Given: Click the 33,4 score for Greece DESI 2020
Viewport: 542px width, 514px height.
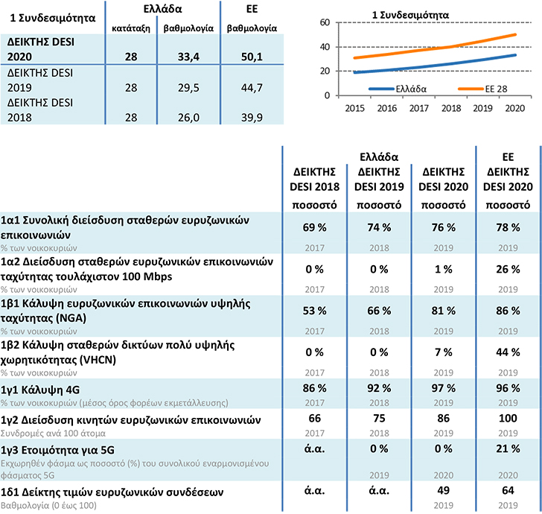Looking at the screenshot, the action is tap(188, 57).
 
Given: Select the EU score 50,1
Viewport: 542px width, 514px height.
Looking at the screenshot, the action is tap(252, 57).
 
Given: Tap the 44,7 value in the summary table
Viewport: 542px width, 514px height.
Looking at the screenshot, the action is tap(252, 88).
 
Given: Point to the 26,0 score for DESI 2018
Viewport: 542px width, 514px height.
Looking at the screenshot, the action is tap(188, 118).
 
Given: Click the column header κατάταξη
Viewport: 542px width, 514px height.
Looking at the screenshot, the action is tap(131, 28).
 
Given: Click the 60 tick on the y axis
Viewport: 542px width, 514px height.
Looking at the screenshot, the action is tap(325, 22).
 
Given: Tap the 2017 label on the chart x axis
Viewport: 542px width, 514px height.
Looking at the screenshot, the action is tap(419, 108).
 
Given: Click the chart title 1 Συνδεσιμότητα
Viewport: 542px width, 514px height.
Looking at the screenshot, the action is tap(410, 15).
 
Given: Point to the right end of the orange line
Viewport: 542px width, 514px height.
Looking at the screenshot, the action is tap(516, 34).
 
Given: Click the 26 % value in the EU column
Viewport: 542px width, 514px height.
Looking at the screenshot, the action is tap(508, 269).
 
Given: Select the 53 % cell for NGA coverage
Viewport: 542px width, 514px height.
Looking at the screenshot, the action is tap(314, 311).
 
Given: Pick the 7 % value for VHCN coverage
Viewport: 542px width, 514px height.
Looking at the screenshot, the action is tap(444, 352).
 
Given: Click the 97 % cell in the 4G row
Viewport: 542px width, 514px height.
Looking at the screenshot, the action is tap(444, 388).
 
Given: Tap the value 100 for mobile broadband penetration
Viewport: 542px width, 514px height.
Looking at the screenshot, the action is tap(508, 418).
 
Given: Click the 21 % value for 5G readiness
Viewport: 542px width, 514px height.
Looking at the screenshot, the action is tap(508, 448).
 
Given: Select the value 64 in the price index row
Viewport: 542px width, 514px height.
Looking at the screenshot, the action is tap(508, 490).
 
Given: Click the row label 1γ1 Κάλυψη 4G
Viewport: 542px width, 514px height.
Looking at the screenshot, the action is tap(40, 390).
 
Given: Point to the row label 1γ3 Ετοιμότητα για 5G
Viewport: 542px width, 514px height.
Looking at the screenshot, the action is tap(57, 450).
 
